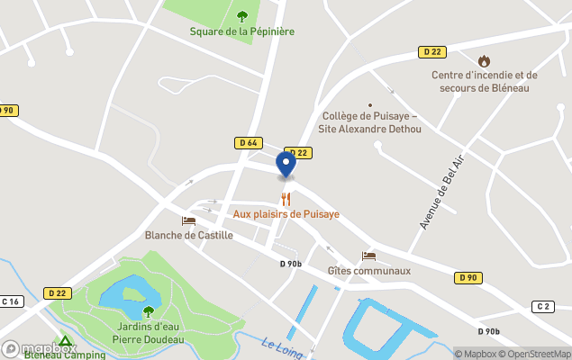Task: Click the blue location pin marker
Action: pos(286,165)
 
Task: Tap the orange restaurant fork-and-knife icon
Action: pos(286,199)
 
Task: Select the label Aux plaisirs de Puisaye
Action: pos(286,214)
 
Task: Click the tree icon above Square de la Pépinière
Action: pos(241,15)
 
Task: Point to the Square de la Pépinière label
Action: pos(241,31)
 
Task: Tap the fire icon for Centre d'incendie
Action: pos(484,60)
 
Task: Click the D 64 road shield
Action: pos(249,142)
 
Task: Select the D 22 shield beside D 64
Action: pos(298,152)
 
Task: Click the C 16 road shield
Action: pos(11,301)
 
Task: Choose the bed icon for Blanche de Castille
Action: pos(188,220)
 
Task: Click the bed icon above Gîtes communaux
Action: pos(368,256)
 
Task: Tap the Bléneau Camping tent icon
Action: pos(65,342)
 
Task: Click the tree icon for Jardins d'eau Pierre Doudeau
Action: pos(149,311)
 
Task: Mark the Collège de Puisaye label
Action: pos(370,122)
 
